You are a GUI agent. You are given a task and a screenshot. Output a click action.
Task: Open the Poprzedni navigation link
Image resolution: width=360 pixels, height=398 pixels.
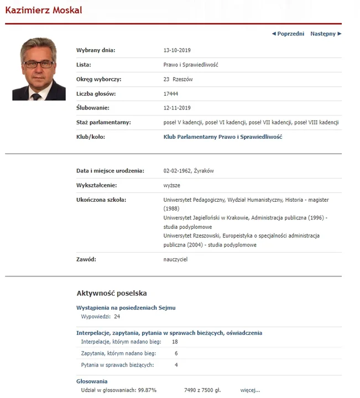[x=288, y=34]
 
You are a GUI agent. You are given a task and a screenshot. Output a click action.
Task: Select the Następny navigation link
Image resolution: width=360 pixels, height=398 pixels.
[x=325, y=34]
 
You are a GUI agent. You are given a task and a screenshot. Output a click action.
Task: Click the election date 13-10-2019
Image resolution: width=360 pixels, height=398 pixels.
[x=177, y=50]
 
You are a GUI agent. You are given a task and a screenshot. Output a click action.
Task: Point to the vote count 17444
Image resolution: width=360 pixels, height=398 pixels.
[x=171, y=93]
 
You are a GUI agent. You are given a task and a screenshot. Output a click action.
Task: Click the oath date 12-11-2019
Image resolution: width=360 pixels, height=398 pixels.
[x=177, y=108]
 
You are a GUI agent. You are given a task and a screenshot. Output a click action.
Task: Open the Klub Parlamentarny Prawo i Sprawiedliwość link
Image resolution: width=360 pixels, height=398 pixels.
[x=223, y=137]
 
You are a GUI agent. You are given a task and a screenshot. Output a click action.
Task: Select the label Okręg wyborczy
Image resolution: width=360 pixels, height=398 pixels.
[x=98, y=79]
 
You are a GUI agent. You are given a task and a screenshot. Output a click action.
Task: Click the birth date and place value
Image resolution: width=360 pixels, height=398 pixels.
[x=189, y=171]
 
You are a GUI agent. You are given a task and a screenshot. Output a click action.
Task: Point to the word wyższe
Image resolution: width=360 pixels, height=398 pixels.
[x=172, y=185]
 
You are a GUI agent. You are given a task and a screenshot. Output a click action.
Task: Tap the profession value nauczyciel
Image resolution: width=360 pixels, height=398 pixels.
[x=175, y=259]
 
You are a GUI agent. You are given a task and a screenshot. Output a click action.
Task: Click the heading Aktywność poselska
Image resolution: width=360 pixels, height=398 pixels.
[x=111, y=293]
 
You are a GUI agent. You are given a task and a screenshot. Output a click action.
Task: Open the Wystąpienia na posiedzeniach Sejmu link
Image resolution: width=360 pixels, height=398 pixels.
[x=126, y=307]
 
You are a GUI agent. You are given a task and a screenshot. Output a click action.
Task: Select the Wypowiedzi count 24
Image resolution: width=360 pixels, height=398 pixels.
[x=117, y=317]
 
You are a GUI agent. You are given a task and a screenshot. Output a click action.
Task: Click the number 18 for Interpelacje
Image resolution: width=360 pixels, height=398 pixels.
[x=175, y=342]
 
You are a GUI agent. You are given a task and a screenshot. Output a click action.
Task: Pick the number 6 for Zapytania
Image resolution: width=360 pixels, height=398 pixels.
[x=176, y=353]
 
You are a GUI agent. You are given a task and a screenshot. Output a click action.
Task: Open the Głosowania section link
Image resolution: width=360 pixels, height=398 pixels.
[x=92, y=381]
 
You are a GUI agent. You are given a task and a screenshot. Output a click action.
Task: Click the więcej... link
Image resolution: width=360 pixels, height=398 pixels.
[x=250, y=390]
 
